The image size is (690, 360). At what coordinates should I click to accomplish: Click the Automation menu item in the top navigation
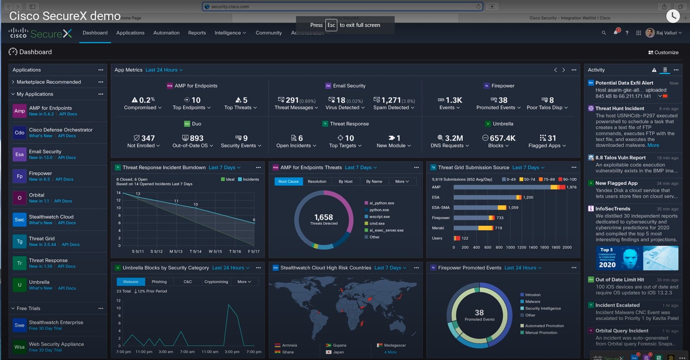pos(166,33)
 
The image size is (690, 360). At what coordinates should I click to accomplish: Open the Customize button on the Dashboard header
pos(663,52)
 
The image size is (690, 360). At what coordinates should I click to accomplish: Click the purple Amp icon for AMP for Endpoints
pos(19,111)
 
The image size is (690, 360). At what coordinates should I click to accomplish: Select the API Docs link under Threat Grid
pos(70,245)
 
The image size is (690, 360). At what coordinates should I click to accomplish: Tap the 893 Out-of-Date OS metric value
pos(196,138)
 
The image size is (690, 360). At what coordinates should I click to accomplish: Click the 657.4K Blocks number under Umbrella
pos(502,138)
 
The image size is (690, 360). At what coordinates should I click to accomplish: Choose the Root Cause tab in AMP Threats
pos(288,181)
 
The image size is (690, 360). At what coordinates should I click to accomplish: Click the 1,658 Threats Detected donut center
pos(324,219)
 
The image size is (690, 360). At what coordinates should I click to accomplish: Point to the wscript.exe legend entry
pos(379,217)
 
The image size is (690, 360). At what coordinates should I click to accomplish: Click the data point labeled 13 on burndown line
pos(138,196)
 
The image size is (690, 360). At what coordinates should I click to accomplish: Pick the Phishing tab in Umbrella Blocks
pos(159,282)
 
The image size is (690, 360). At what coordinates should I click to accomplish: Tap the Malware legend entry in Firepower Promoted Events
pos(532,302)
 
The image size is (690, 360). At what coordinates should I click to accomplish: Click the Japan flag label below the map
pos(338,352)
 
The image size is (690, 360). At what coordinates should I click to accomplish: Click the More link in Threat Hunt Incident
pos(653,145)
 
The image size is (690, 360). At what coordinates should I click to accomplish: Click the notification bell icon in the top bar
pos(615,33)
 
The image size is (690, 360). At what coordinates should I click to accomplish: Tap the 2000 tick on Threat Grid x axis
pos(567,247)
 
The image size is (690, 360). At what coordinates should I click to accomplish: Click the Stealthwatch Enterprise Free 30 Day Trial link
pos(45,328)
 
